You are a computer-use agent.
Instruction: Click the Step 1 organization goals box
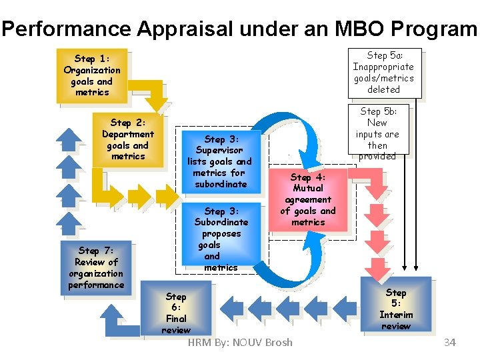[92, 75]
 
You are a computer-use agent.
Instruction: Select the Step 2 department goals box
[127, 139]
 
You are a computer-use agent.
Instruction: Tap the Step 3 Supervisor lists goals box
[220, 161]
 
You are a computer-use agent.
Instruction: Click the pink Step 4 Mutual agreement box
[308, 199]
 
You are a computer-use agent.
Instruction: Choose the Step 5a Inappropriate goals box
[383, 72]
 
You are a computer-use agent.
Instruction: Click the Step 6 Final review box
[176, 313]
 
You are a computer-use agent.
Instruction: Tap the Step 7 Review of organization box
[96, 267]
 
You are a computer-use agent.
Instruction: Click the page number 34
[449, 342]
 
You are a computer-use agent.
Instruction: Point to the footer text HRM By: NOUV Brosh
[240, 342]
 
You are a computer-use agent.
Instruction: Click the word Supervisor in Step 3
[219, 150]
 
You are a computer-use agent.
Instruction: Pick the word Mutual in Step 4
[308, 188]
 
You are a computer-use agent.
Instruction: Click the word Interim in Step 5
[396, 315]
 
